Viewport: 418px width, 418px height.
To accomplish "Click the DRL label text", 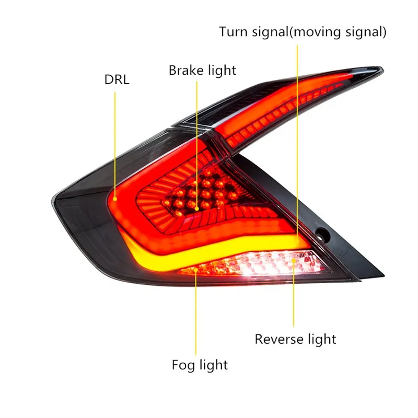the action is [117, 79].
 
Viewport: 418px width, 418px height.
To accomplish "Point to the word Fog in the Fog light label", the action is [182, 365].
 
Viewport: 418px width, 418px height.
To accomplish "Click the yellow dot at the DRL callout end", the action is [115, 199].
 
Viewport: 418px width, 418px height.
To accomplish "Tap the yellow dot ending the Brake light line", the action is [197, 208].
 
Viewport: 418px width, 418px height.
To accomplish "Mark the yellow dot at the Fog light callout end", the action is [196, 270].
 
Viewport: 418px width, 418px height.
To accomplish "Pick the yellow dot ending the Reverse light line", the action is [294, 260].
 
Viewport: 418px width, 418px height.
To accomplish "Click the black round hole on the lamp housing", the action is [322, 235].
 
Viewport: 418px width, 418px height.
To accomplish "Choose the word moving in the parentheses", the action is [317, 32].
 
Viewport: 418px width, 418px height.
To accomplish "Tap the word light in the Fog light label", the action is [214, 365].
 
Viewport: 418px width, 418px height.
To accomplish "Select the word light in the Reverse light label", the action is [322, 339].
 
